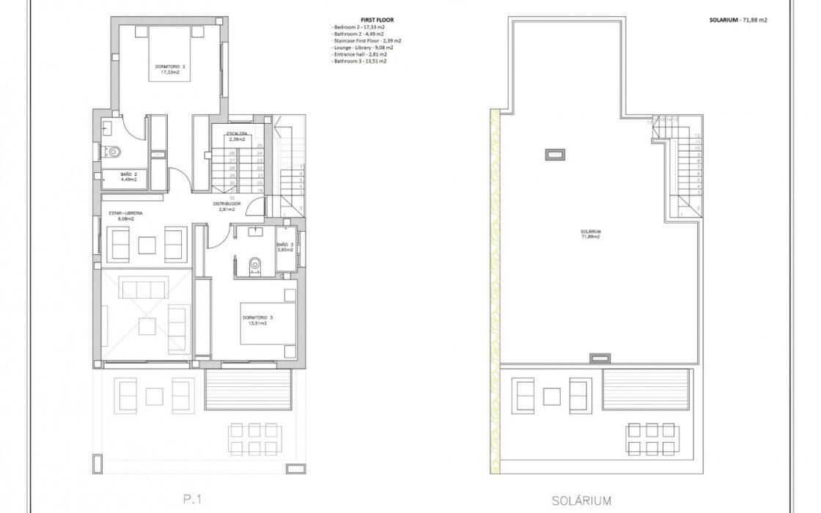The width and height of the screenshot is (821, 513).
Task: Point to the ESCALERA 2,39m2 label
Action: [236, 136]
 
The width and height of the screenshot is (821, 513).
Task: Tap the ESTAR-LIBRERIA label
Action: [126, 215]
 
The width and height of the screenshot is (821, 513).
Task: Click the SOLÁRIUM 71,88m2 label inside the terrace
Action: [592, 235]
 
